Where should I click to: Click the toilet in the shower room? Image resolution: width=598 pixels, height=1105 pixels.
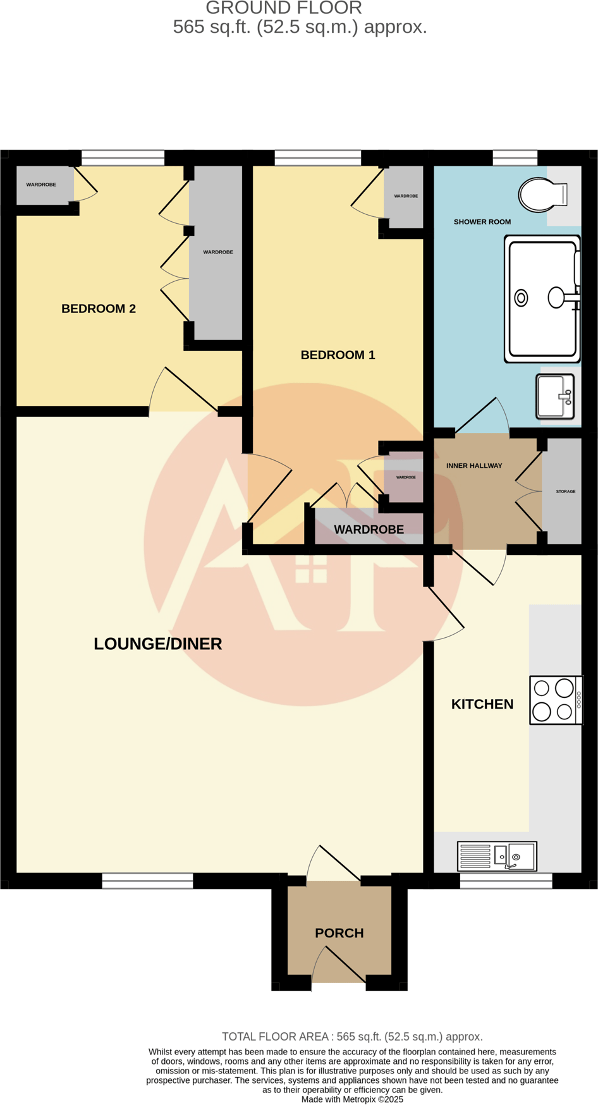pyautogui.click(x=542, y=195)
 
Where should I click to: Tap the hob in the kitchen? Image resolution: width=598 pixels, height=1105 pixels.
pyautogui.click(x=555, y=700)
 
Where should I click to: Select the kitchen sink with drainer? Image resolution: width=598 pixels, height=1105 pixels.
pyautogui.click(x=497, y=857)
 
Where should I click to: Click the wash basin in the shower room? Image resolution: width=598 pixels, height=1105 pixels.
pyautogui.click(x=555, y=397)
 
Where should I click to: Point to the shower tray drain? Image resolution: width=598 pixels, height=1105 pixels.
pyautogui.click(x=521, y=298)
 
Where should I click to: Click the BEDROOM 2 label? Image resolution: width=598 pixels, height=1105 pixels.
pyautogui.click(x=99, y=308)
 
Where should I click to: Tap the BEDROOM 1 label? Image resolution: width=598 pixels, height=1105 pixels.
pyautogui.click(x=338, y=355)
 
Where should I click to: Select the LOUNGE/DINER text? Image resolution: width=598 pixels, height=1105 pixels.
pyautogui.click(x=158, y=644)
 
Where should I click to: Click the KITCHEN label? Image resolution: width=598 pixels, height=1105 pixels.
pyautogui.click(x=482, y=704)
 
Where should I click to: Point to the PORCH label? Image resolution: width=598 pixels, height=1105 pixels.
pyautogui.click(x=339, y=933)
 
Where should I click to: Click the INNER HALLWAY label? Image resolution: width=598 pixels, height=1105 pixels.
pyautogui.click(x=474, y=466)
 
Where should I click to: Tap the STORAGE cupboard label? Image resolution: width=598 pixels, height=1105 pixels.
pyautogui.click(x=565, y=491)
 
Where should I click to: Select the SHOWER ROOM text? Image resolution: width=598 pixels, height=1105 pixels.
pyautogui.click(x=482, y=222)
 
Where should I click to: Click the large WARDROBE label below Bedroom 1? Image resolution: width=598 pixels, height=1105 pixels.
pyautogui.click(x=369, y=530)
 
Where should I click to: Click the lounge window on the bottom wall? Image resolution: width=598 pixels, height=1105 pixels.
pyautogui.click(x=147, y=881)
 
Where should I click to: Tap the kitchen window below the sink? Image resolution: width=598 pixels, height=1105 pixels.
pyautogui.click(x=506, y=881)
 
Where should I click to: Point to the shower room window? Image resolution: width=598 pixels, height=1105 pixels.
pyautogui.click(x=515, y=157)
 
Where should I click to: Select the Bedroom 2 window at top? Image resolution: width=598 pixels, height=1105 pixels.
pyautogui.click(x=123, y=157)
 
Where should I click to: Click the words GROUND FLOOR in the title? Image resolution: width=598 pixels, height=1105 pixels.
pyautogui.click(x=284, y=8)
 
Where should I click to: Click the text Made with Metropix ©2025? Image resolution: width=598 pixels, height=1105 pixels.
pyautogui.click(x=352, y=1099)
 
